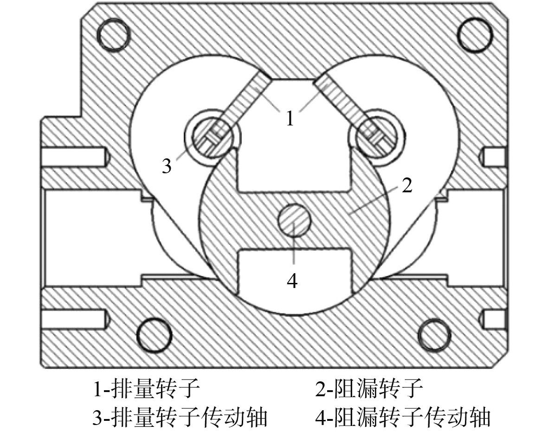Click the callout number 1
290,118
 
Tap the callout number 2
406,186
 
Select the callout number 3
167,165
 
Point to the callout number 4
292,280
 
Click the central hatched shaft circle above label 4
294,219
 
